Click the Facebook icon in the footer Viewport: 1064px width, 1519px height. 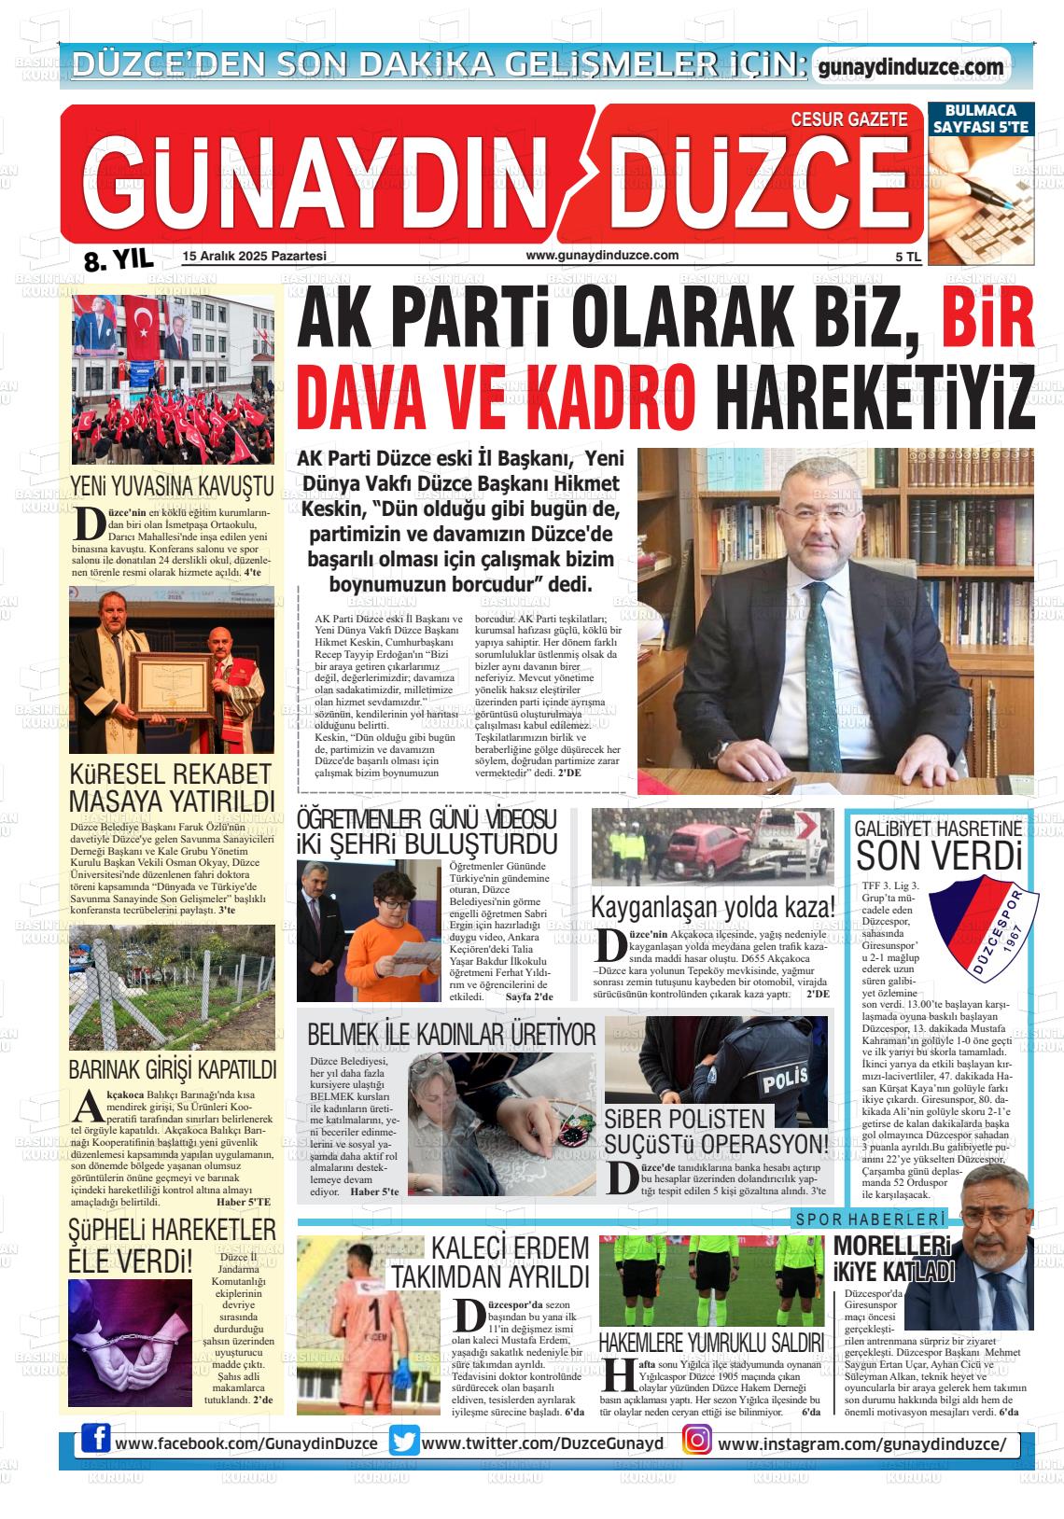[95, 1442]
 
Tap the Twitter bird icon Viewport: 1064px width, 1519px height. [404, 1442]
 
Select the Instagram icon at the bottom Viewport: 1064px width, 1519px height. [696, 1442]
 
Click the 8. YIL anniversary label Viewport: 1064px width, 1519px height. [119, 261]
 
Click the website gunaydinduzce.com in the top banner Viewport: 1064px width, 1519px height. [910, 67]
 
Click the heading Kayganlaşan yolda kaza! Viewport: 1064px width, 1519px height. [712, 906]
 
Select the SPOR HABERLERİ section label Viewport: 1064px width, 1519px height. [870, 1219]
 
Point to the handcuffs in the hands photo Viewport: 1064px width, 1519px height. [128, 1344]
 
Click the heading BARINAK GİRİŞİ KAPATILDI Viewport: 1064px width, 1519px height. [173, 1069]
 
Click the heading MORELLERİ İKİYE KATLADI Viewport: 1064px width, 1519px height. [894, 1259]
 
